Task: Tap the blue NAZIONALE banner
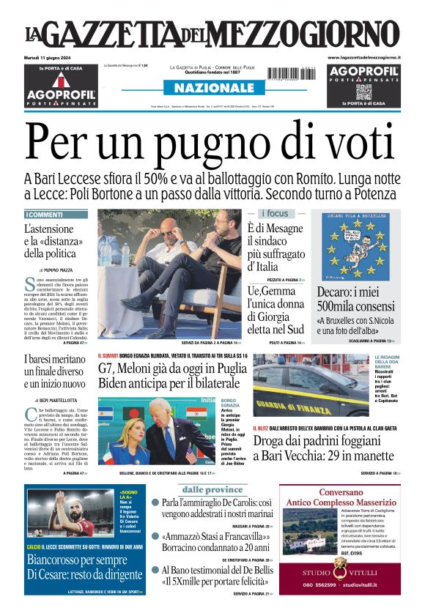[212, 88]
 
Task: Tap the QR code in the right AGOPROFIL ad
[364, 92]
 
